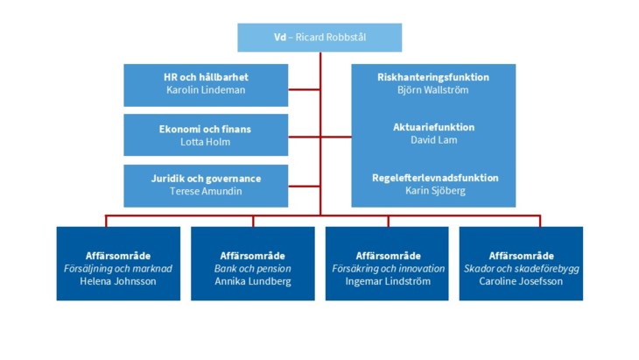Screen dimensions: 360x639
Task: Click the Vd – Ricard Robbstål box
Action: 319,38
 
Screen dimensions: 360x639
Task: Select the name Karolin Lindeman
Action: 205,90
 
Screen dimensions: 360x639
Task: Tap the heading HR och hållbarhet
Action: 205,78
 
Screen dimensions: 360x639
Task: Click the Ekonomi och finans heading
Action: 205,129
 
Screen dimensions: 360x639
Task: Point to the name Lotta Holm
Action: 205,141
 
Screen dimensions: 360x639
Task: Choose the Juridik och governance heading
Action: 205,179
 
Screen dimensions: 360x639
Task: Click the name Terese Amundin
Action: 205,191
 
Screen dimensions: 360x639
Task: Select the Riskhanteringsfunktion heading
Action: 432,77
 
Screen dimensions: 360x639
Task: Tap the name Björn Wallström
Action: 432,89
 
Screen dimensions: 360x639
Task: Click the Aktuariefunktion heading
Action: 432,127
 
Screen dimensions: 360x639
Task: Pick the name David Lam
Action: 432,140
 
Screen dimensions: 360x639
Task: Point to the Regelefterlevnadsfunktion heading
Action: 432,178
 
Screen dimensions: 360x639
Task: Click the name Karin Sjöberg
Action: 432,190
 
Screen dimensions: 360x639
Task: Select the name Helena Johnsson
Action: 117,281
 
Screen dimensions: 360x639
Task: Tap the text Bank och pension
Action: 252,268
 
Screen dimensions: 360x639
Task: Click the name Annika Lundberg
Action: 252,281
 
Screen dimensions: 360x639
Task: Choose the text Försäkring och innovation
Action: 388,268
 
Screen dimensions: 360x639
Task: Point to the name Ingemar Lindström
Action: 388,281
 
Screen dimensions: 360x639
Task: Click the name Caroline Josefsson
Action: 521,281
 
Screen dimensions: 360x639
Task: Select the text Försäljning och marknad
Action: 117,268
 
